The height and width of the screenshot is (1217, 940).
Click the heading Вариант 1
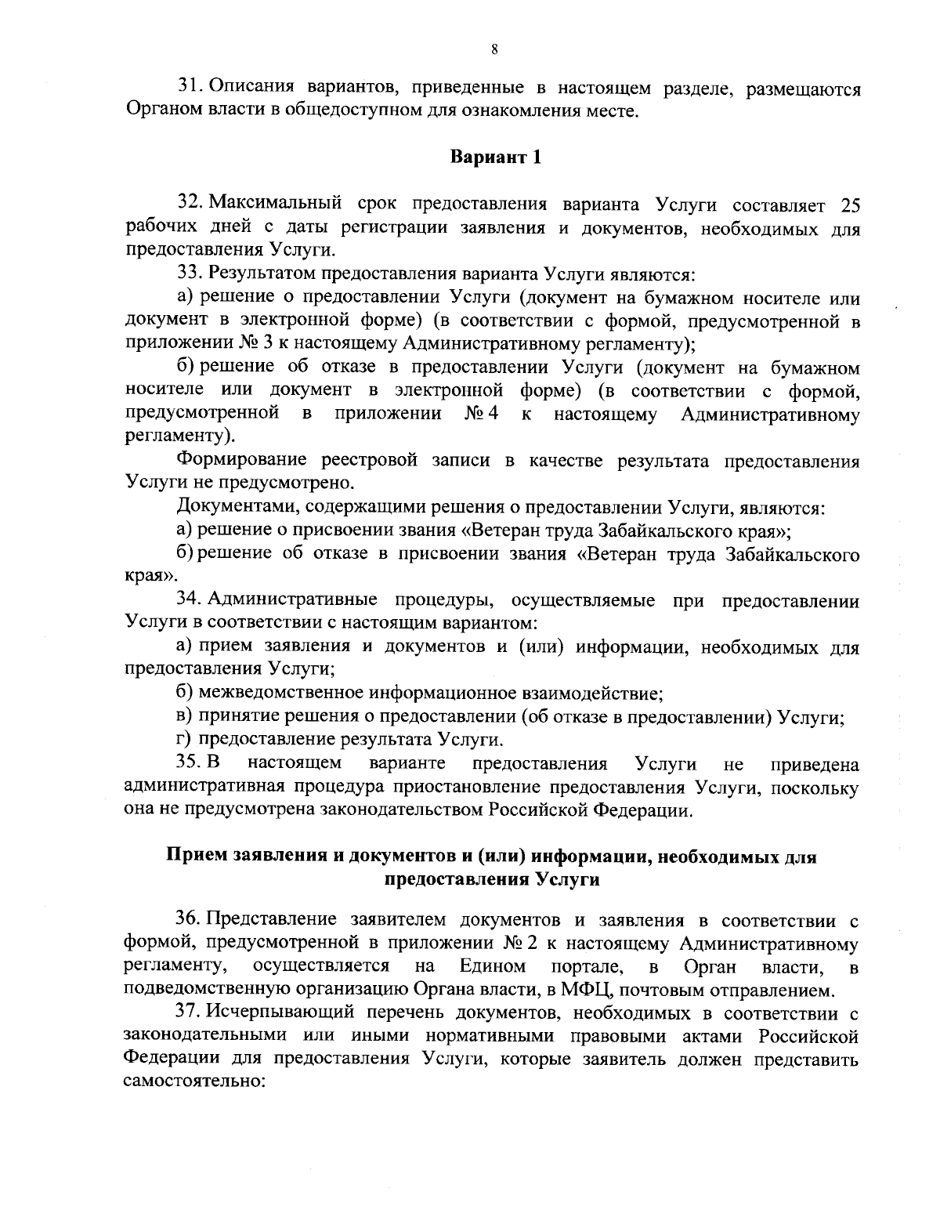tap(495, 157)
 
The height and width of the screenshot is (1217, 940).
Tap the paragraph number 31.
tap(190, 89)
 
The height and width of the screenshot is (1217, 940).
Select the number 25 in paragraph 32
tap(849, 206)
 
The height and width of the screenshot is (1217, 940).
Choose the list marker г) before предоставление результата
tap(185, 739)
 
